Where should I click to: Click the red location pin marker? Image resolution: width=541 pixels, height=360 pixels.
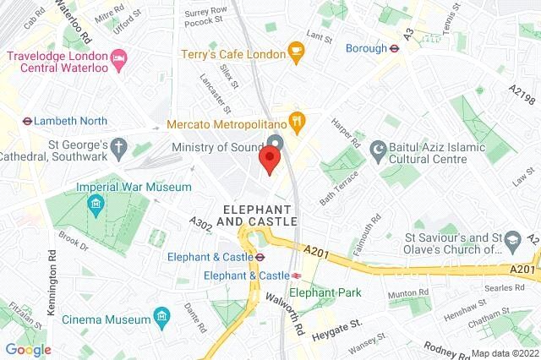point(270,160)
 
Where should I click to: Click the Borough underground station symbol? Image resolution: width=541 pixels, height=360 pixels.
point(393,48)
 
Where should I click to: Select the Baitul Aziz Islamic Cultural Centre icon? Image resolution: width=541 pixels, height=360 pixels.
point(378,150)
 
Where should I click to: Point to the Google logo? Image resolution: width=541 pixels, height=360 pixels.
point(28,349)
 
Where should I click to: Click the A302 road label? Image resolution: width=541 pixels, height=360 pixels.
point(202,224)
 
